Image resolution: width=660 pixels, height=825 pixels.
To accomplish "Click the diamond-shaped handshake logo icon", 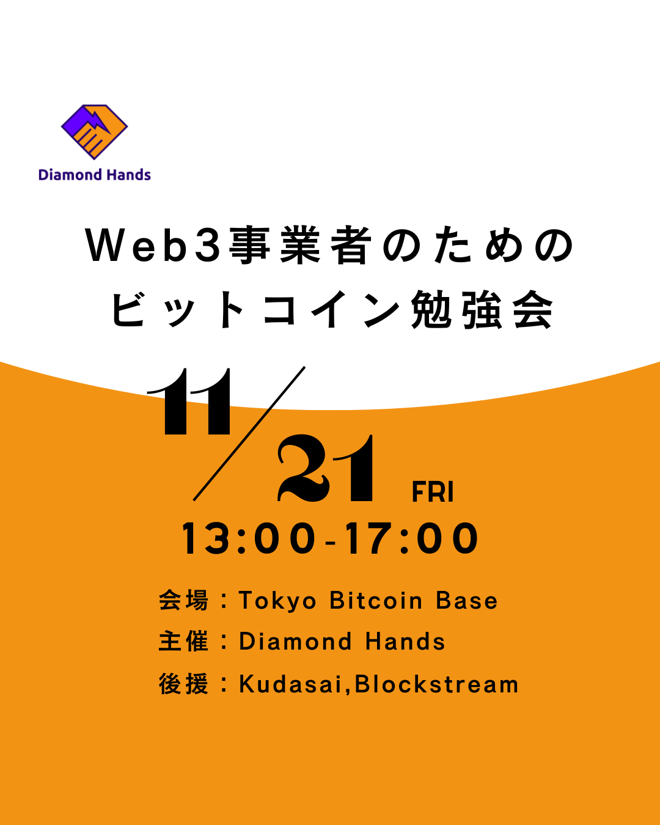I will (94, 131).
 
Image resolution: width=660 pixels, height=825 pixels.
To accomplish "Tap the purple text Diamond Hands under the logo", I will (94, 175).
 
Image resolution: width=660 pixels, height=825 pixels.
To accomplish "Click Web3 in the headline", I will (153, 246).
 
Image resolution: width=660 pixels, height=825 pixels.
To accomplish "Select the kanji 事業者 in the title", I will (299, 246).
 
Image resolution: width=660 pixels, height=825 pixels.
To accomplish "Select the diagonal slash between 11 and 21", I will (249, 433).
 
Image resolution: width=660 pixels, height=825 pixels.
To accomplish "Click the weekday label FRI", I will (433, 493).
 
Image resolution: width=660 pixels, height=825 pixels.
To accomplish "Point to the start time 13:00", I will (248, 539).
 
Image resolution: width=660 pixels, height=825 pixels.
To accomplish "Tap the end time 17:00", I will (411, 539).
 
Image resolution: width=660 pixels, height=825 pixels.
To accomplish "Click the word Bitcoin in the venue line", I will (376, 601).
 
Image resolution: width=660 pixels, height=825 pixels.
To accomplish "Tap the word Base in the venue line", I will (467, 601).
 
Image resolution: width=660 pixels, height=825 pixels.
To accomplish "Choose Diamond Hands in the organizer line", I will (342, 642).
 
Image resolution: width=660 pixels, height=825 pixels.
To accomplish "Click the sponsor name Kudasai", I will (290, 684).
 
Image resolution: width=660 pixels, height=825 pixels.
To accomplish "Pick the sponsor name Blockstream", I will (437, 684).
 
